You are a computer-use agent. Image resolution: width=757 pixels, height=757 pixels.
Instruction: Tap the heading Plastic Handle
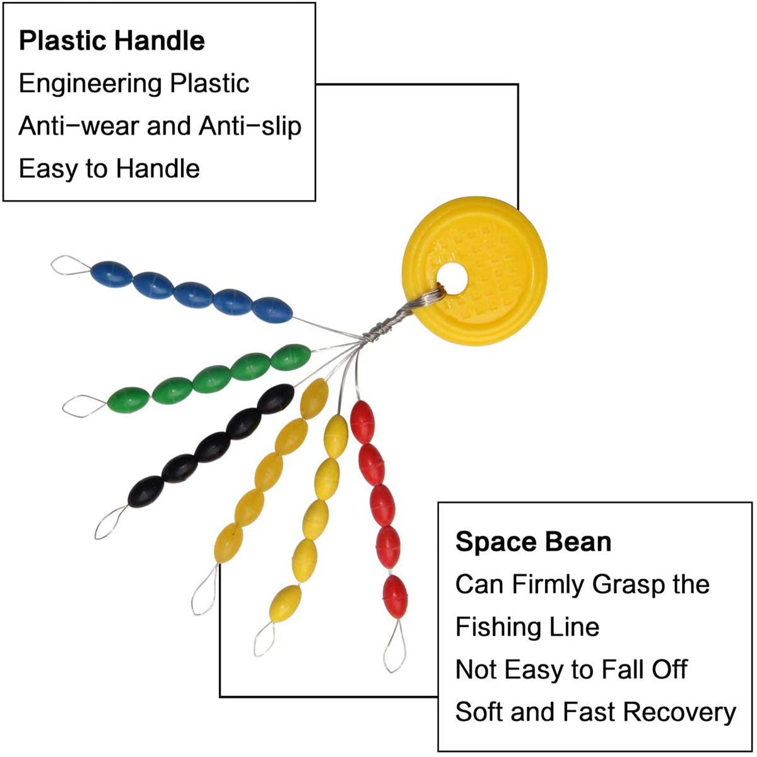tap(112, 41)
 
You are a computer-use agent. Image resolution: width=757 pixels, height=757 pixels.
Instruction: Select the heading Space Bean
tap(533, 542)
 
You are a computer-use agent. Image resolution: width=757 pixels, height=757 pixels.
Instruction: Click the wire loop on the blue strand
tap(71, 265)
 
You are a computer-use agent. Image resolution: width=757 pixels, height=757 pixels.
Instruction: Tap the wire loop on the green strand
tap(84, 406)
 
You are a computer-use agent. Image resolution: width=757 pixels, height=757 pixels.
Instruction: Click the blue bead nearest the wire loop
tap(112, 274)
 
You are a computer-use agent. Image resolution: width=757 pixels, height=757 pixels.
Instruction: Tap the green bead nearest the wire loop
tap(128, 401)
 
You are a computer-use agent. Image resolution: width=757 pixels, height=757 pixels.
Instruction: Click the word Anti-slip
tap(250, 127)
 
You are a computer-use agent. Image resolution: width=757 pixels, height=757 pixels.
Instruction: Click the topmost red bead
tap(361, 422)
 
